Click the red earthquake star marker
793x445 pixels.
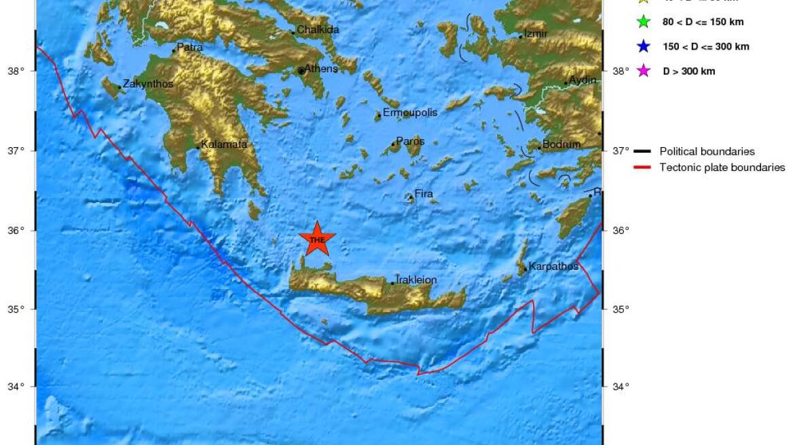pos(317,239)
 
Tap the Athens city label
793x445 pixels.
pos(320,69)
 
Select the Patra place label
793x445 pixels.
pos(189,47)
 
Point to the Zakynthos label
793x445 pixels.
pos(147,84)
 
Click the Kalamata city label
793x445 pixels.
pos(224,144)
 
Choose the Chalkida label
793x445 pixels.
pos(318,30)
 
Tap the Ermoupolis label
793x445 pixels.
pos(409,113)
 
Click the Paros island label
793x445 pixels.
pos(410,142)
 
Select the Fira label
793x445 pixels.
pos(424,194)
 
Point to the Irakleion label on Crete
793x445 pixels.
pos(416,279)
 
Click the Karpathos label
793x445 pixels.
pos(553,266)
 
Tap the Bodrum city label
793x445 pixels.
pos(561,144)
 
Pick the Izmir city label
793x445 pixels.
pos(536,33)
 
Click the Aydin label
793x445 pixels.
pos(583,80)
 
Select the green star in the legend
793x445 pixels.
pos(644,22)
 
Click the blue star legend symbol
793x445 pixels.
pos(644,47)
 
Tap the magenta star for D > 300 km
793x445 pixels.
pos(644,71)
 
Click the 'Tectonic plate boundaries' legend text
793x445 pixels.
pos(722,168)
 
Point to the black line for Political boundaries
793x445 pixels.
pos(642,152)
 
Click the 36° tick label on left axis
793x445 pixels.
pos(15,231)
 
